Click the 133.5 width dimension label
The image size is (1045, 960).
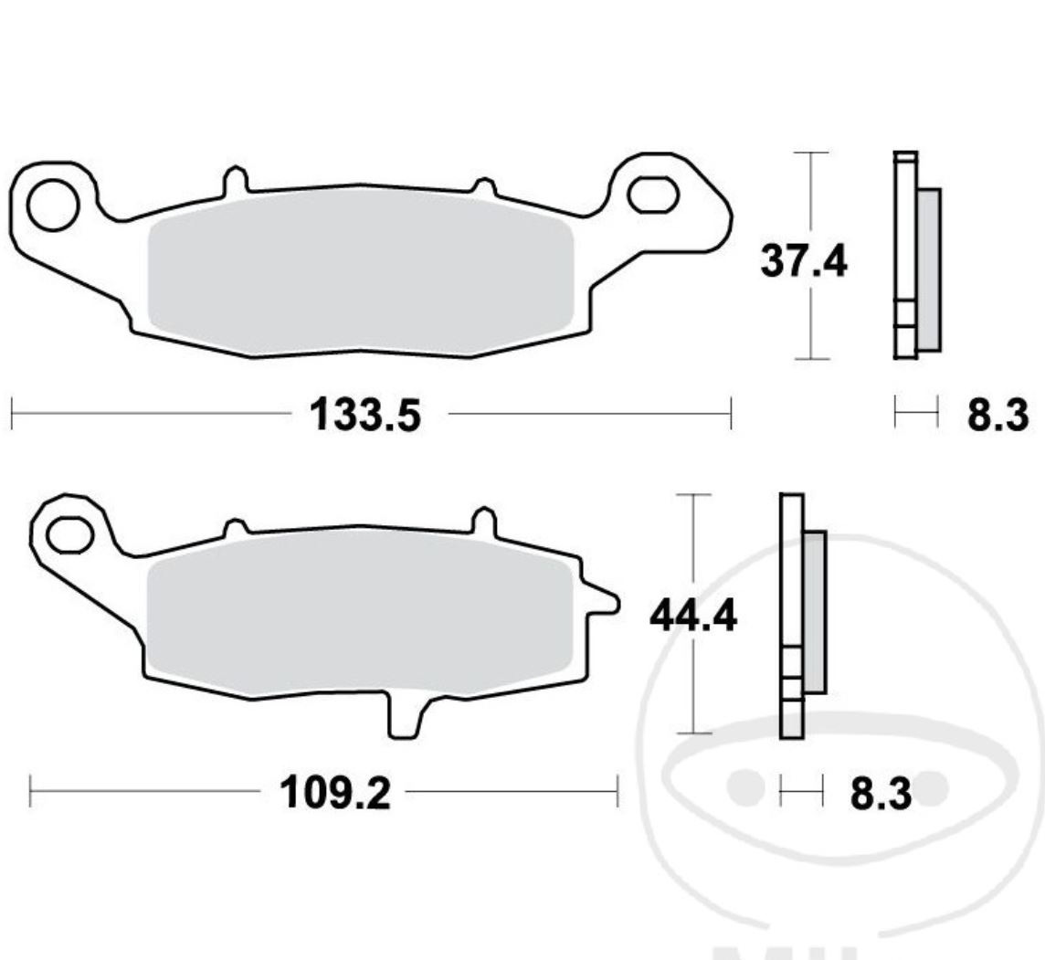tap(365, 416)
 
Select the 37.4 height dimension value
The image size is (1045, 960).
tap(804, 262)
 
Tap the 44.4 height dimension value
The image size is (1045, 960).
tap(692, 617)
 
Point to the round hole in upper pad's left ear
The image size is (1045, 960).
tap(52, 205)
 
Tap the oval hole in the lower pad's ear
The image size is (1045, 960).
tap(71, 533)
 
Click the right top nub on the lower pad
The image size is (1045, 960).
tap(481, 520)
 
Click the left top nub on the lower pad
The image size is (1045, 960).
tap(236, 528)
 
